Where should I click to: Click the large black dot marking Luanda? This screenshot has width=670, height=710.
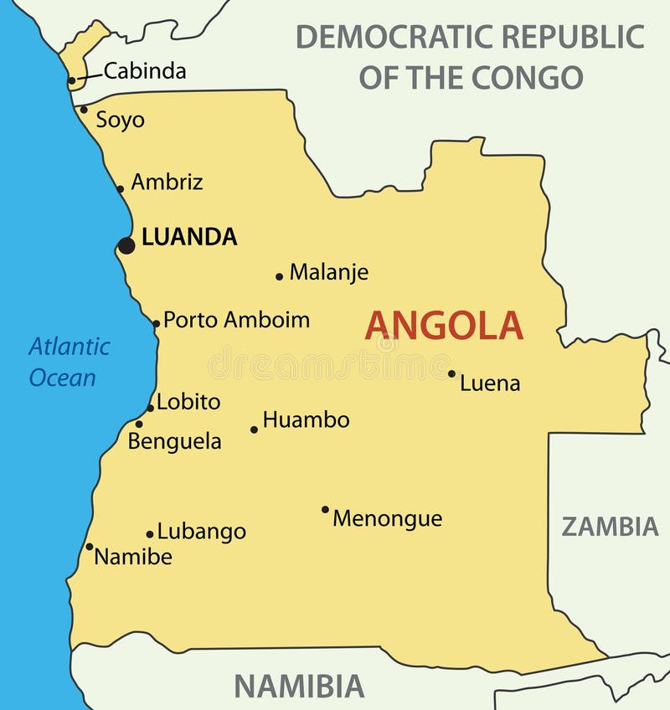pyautogui.click(x=126, y=245)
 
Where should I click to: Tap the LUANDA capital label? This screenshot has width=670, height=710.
pyautogui.click(x=189, y=238)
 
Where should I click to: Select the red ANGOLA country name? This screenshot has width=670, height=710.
pyautogui.click(x=444, y=326)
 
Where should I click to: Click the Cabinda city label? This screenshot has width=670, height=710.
pyautogui.click(x=145, y=71)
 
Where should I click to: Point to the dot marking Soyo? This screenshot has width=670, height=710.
pyautogui.click(x=84, y=109)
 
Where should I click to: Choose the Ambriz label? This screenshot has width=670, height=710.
pyautogui.click(x=167, y=182)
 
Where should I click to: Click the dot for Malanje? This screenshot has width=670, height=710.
pyautogui.click(x=280, y=276)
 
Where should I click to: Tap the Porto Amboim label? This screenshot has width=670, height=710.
pyautogui.click(x=236, y=320)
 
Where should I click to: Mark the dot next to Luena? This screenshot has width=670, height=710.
pyautogui.click(x=451, y=373)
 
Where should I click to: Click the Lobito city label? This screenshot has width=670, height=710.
pyautogui.click(x=188, y=402)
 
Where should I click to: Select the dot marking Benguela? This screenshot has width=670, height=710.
pyautogui.click(x=139, y=424)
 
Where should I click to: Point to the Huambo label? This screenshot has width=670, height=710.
pyautogui.click(x=306, y=420)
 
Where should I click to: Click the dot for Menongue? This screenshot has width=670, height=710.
pyautogui.click(x=325, y=509)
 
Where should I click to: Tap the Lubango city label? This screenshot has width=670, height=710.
pyautogui.click(x=202, y=532)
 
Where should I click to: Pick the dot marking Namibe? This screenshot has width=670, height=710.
pyautogui.click(x=90, y=547)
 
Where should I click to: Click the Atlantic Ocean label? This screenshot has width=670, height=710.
pyautogui.click(x=69, y=362)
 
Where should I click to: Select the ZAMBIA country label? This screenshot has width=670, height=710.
pyautogui.click(x=610, y=527)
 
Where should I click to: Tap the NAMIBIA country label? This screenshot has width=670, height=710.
pyautogui.click(x=299, y=686)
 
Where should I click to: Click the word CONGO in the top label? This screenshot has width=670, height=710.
pyautogui.click(x=527, y=77)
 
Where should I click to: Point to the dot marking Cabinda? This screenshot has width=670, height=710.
pyautogui.click(x=72, y=81)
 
